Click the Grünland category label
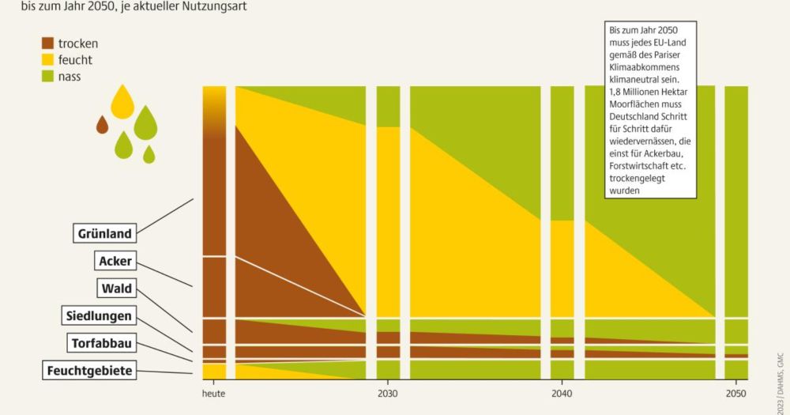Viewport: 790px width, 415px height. coord(104,233)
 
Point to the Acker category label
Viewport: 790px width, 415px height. coord(115,261)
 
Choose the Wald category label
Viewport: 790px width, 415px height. coord(116,289)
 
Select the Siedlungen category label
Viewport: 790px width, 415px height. coord(99,317)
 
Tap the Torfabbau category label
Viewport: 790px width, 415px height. coord(102,343)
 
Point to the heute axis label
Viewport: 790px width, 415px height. coord(214,393)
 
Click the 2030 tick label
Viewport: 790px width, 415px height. coord(387,393)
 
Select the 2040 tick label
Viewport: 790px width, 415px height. coord(562,393)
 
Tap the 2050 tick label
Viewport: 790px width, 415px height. coord(735,393)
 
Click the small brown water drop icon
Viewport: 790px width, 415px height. coord(102,124)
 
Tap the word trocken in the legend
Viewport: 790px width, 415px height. coord(78,43)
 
